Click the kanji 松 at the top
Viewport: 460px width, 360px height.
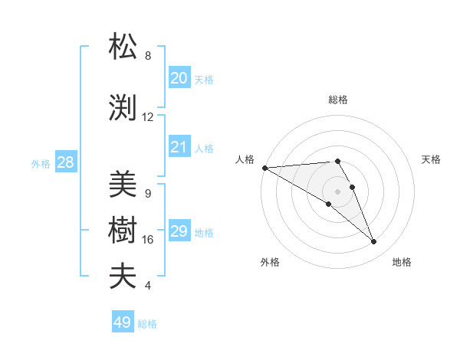point(124,47)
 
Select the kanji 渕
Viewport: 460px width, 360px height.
point(124,108)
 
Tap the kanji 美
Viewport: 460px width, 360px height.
point(124,185)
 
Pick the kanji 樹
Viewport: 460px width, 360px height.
point(124,231)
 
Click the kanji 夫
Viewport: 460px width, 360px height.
point(124,277)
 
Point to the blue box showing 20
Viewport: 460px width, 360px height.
point(179,78)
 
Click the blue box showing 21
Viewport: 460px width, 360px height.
point(179,147)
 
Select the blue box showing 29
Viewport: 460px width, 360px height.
point(179,231)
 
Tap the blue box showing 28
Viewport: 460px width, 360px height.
point(65,162)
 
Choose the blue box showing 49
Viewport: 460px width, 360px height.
point(123,322)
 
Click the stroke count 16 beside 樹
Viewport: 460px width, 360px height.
point(148,240)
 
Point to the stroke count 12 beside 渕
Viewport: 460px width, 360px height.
point(148,117)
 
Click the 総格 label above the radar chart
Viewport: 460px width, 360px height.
point(338,100)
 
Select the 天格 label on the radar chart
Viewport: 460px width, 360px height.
point(432,159)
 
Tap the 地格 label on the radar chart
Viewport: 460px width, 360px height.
point(402,262)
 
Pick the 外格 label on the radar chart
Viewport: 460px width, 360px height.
point(270,262)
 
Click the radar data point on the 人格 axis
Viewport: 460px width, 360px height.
point(264,168)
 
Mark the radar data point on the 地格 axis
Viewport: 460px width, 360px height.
point(374,242)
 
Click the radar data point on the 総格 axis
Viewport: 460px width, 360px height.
point(337,161)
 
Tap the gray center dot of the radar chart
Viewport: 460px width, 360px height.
point(337,191)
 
